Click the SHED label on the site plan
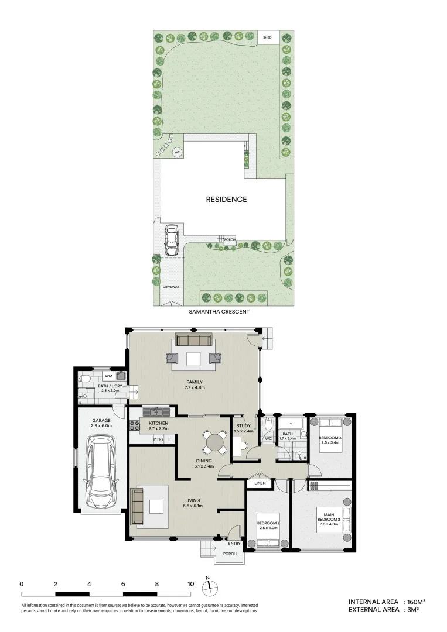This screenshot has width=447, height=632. (x=267, y=38)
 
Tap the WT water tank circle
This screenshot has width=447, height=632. (x=177, y=153)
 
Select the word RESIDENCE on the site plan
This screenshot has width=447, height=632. (x=226, y=199)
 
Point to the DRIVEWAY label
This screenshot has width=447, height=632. (x=171, y=287)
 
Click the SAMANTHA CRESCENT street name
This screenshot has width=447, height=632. (x=219, y=312)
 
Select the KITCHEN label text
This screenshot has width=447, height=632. (x=159, y=423)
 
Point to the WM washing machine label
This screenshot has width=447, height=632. (x=108, y=376)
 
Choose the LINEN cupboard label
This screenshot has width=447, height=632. (x=260, y=483)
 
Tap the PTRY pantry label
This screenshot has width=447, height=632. (x=158, y=439)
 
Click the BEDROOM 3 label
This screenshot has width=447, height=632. (x=330, y=438)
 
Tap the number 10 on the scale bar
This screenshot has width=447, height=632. (x=190, y=584)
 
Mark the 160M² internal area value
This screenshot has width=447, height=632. (x=414, y=602)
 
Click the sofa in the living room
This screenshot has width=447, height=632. (x=138, y=506)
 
